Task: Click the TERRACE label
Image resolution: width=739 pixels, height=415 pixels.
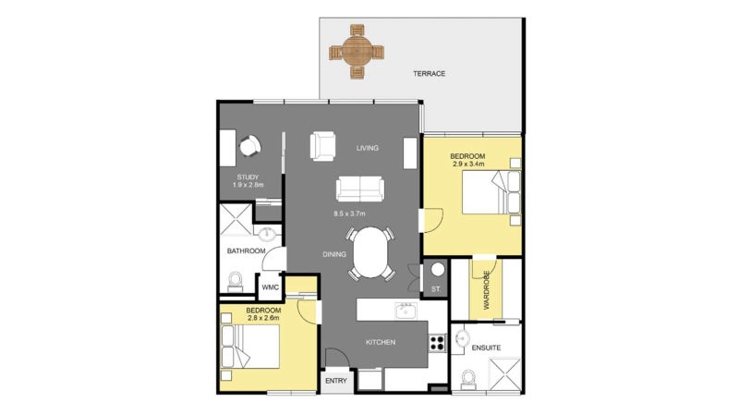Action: pyautogui.click(x=429, y=73)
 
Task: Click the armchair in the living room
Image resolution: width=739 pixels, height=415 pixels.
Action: pyautogui.click(x=323, y=146)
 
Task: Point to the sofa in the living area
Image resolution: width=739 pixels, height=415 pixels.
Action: pyautogui.click(x=359, y=189)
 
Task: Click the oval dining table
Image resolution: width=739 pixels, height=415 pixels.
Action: pyautogui.click(x=373, y=252)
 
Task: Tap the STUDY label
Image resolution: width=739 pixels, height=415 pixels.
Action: pyautogui.click(x=247, y=177)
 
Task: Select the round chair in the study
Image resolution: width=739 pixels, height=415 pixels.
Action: pyautogui.click(x=248, y=146)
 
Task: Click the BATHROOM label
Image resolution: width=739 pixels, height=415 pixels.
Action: pyautogui.click(x=247, y=251)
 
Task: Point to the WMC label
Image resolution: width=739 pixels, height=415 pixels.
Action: pyautogui.click(x=270, y=287)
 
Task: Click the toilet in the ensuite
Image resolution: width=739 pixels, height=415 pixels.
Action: pyautogui.click(x=468, y=378)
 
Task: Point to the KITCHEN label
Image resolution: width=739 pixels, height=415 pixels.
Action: pyautogui.click(x=380, y=342)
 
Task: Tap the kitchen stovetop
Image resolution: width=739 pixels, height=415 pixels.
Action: pyautogui.click(x=438, y=343)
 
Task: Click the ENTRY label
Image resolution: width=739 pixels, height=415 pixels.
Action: pyautogui.click(x=336, y=380)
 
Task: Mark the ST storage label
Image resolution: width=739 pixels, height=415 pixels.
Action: pyautogui.click(x=436, y=290)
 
